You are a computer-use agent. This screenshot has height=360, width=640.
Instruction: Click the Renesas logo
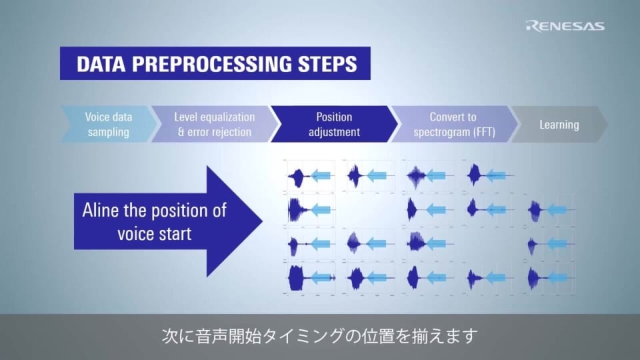565,26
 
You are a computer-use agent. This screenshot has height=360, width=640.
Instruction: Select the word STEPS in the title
325,65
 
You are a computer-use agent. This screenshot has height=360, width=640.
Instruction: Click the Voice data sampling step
108,124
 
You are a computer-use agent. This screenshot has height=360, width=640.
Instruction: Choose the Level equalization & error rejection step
214,124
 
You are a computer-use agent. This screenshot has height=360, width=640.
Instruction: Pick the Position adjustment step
333,124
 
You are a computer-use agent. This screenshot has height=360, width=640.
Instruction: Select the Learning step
559,124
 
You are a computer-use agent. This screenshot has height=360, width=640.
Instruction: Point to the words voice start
154,233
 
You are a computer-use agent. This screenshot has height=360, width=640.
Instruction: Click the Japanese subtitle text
320,335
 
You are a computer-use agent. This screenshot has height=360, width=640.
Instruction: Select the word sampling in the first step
108,131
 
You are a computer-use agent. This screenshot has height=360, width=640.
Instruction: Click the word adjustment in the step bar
333,131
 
